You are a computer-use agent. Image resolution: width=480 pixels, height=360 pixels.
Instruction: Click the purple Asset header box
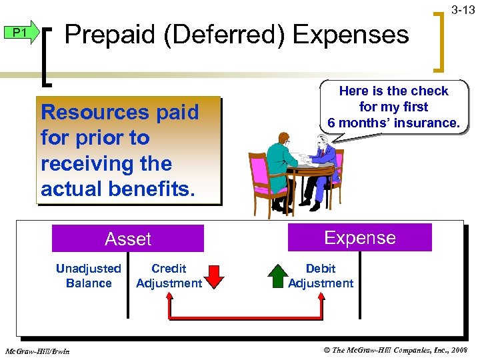coord(128,239)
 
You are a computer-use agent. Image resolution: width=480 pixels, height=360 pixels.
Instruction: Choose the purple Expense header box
coord(359,238)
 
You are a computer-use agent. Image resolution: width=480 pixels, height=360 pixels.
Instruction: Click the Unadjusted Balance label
coord(89,276)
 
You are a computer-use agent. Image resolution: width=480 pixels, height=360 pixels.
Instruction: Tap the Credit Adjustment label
coord(169,276)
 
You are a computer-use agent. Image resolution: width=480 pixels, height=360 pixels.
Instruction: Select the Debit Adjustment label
coord(321,276)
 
